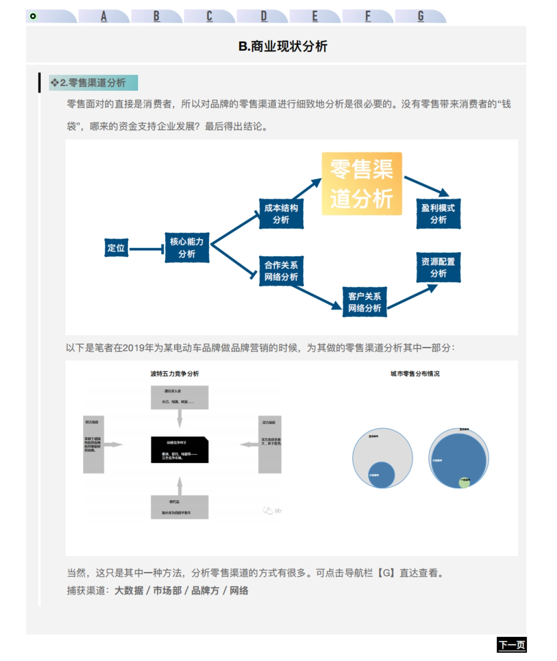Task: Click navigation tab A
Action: click(104, 17)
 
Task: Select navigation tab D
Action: click(263, 17)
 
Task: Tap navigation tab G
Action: click(421, 17)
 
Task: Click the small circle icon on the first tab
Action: click(33, 16)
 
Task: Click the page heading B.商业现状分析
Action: click(283, 46)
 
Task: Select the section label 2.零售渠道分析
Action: click(93, 83)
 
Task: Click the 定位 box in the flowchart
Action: click(116, 248)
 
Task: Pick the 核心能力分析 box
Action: click(187, 248)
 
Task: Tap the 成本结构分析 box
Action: click(281, 214)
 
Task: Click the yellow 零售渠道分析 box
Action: click(362, 184)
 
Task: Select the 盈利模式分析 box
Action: click(438, 214)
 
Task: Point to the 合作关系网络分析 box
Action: click(281, 271)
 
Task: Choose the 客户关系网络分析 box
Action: click(364, 302)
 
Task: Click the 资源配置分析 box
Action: click(438, 267)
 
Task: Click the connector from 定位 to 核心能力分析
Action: click(146, 249)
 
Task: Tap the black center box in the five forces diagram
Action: click(180, 450)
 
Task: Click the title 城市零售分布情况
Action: click(415, 374)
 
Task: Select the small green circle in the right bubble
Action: click(464, 482)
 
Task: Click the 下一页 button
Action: click(512, 645)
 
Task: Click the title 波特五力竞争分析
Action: click(175, 374)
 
